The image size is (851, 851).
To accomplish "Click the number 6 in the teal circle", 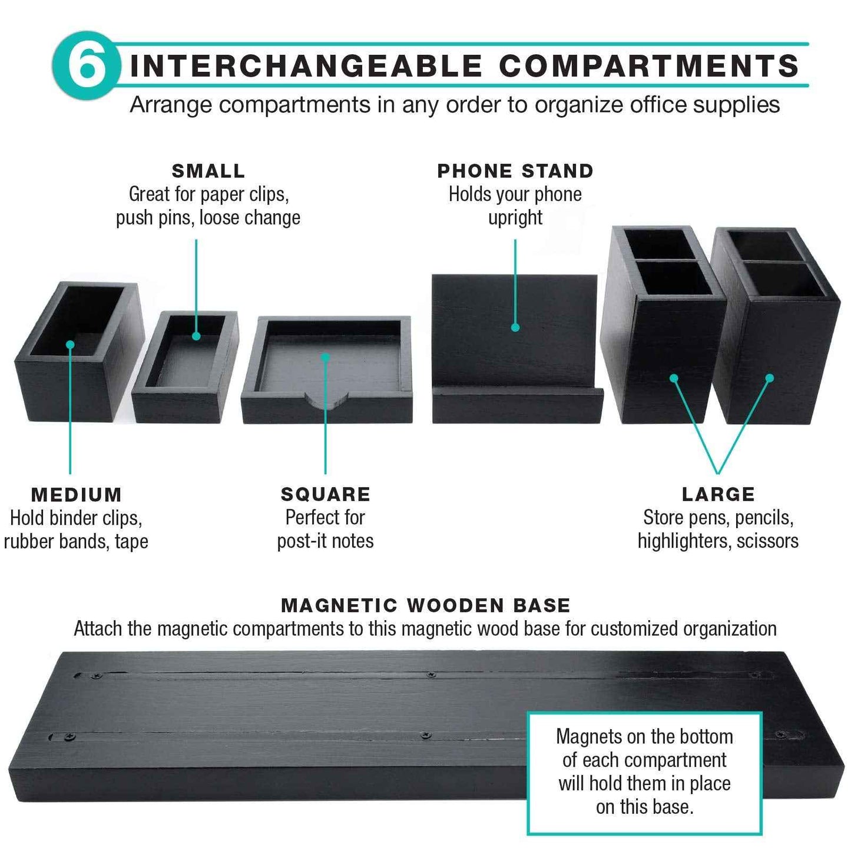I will [87, 65].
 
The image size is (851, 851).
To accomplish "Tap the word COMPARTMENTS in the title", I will [649, 65].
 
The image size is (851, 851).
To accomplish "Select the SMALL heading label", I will [208, 171].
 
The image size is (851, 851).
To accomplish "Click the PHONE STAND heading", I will [515, 171].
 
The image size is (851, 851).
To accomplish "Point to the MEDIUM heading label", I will [77, 495].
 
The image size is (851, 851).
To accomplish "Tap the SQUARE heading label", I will [326, 494].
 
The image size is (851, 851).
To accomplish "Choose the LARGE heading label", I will [718, 494].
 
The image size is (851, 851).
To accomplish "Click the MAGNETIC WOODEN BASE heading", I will [426, 605].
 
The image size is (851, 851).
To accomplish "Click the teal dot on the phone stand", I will [515, 327].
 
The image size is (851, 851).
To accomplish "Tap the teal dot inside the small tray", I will [196, 336].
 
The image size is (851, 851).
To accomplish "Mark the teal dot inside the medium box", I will [70, 345].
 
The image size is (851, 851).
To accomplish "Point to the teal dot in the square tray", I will [325, 357].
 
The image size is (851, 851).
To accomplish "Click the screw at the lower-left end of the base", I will [71, 737].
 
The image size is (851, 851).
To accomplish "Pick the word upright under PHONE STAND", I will [515, 218].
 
